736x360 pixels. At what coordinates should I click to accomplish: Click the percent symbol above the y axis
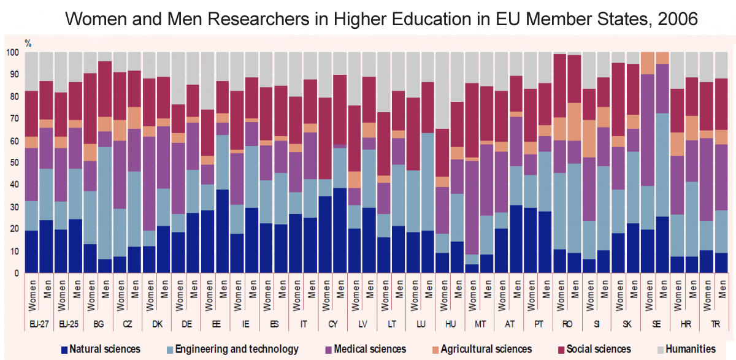[x=28, y=43]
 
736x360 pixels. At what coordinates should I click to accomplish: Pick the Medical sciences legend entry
[x=362, y=349]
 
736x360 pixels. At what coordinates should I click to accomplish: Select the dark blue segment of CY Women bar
[x=326, y=230]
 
